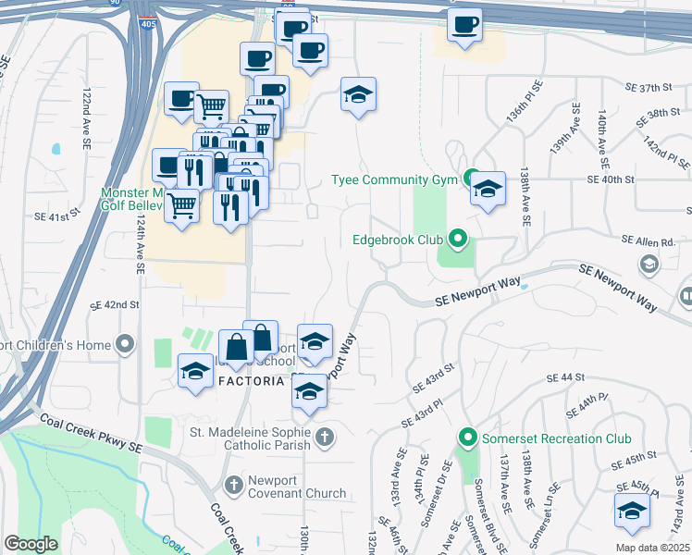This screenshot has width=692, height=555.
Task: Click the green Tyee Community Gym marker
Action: [x=470, y=179]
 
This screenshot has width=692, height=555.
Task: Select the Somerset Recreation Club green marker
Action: [x=468, y=438]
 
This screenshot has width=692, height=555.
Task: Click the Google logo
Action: [x=31, y=543]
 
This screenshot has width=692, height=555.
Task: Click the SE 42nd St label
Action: [x=115, y=304]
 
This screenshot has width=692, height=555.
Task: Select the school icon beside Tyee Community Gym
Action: [x=488, y=190]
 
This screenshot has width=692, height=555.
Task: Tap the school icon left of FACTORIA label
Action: [x=195, y=372]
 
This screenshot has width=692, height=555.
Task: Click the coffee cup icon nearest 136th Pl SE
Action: [x=464, y=24]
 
